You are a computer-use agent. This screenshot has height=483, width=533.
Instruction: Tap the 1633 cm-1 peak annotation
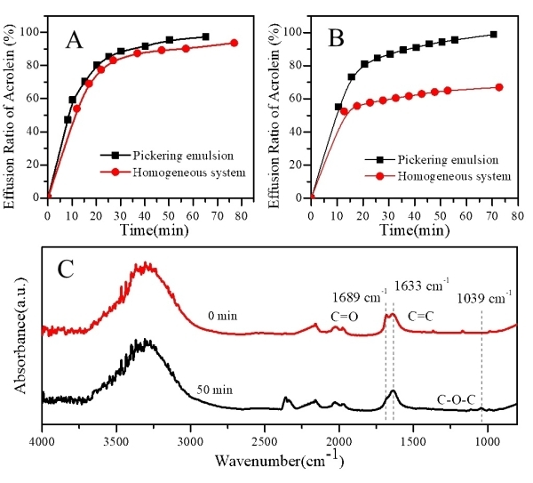tap(421, 286)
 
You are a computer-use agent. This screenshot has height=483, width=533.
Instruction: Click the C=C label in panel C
tap(420, 315)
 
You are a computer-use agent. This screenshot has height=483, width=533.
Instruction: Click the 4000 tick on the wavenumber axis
tap(43, 439)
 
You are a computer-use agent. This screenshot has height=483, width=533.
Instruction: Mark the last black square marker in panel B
tap(494, 35)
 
